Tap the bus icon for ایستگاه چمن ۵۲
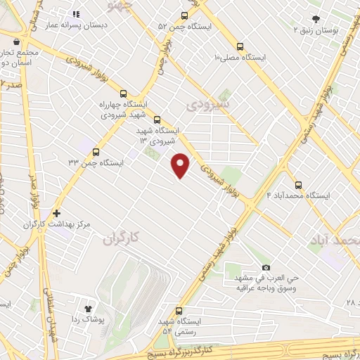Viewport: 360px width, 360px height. (184, 15)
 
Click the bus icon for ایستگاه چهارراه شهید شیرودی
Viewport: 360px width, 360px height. (124, 94)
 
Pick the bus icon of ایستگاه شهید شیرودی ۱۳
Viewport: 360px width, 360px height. (157, 120)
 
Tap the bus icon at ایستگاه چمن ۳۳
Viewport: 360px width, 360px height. (96, 151)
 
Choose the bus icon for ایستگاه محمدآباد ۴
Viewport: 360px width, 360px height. (298, 185)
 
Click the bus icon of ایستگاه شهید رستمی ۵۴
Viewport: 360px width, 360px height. (178, 310)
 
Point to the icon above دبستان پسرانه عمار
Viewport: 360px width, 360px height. (77, 13)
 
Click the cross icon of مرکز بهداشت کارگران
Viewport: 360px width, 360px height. (56, 212)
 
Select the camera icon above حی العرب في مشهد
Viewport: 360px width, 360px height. (266, 267)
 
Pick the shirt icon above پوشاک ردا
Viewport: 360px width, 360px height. (89, 308)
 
